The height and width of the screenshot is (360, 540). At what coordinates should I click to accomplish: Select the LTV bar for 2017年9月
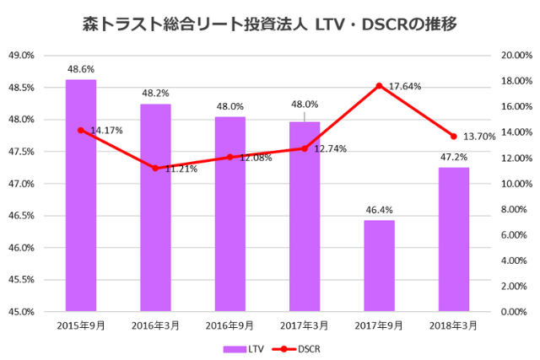coord(379,266)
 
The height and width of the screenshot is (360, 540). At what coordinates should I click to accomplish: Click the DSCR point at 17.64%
coord(379,85)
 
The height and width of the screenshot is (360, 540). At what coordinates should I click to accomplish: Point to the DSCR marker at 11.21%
coord(155,168)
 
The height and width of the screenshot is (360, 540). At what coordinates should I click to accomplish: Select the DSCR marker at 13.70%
coord(453,136)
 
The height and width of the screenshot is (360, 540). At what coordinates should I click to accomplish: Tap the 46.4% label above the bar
coord(379,210)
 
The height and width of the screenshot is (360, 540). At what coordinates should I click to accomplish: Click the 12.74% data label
coord(330,148)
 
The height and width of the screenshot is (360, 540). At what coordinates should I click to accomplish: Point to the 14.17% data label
coord(106,131)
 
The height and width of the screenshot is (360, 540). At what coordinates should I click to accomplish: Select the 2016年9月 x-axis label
coord(229,325)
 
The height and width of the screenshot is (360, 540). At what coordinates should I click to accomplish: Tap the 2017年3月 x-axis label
coord(304,325)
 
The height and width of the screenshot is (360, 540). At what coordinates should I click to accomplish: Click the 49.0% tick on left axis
coord(20,56)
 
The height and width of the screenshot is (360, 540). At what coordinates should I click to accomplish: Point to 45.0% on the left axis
coord(20,312)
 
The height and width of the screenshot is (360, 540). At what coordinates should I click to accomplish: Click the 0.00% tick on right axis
coord(516,312)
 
